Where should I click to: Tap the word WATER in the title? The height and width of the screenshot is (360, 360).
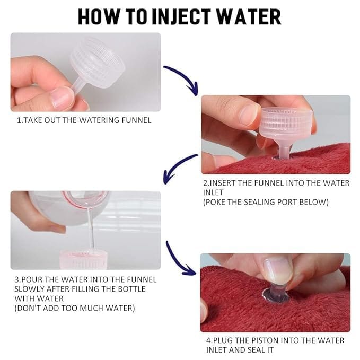pos(249,17)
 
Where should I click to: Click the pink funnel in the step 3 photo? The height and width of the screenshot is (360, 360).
pos(83,259)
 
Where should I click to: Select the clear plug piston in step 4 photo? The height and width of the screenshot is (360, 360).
pos(276,294)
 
